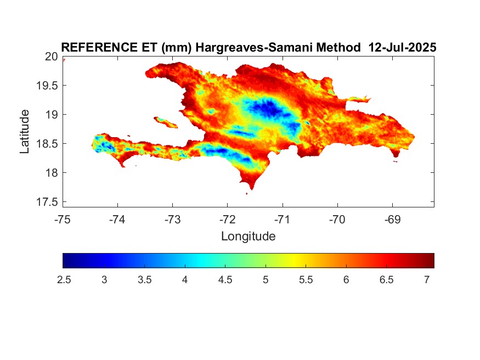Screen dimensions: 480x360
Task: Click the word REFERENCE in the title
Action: point(99,47)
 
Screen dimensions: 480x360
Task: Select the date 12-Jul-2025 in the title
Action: point(402,47)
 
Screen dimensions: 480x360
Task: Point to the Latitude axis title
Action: point(25,132)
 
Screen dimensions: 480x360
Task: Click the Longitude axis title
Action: point(249,237)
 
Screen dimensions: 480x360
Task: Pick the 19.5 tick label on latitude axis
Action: point(47,86)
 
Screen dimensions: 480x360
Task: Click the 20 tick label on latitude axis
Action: point(51,57)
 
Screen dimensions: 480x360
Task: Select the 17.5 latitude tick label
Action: point(47,202)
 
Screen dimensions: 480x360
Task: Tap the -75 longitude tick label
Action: point(63,220)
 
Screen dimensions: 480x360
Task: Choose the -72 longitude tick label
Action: point(228,220)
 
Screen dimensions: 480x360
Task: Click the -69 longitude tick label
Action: point(392,220)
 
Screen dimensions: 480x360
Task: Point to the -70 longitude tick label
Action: point(337,220)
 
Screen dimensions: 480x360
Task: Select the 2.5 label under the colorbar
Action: point(64,280)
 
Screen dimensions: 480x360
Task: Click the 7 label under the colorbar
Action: point(427,280)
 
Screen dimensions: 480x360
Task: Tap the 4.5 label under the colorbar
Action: point(225,280)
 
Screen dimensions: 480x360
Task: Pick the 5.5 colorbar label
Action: point(306,280)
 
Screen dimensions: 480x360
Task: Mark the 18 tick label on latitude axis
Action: point(52,173)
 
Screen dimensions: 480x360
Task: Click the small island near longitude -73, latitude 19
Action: point(166,122)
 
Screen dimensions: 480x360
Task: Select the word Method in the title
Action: point(338,47)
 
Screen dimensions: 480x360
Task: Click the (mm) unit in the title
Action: point(177,48)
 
